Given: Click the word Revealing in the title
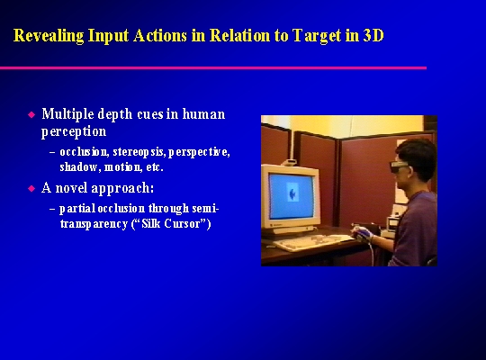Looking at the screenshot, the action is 49,36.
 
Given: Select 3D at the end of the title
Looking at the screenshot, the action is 373,35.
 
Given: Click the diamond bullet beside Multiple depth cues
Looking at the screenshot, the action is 31,114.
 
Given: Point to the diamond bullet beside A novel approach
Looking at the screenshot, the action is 31,188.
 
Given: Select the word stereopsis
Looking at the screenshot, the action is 139,152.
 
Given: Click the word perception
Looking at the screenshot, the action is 74,131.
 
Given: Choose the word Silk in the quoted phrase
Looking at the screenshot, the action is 151,223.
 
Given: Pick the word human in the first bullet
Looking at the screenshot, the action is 203,113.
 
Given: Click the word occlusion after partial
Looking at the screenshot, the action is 121,209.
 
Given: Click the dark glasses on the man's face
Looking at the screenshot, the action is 400,166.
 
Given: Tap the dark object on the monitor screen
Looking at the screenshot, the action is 292,193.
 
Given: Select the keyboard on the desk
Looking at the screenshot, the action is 313,242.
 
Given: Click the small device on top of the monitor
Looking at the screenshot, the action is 289,162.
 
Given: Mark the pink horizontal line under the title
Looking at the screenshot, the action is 213,67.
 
